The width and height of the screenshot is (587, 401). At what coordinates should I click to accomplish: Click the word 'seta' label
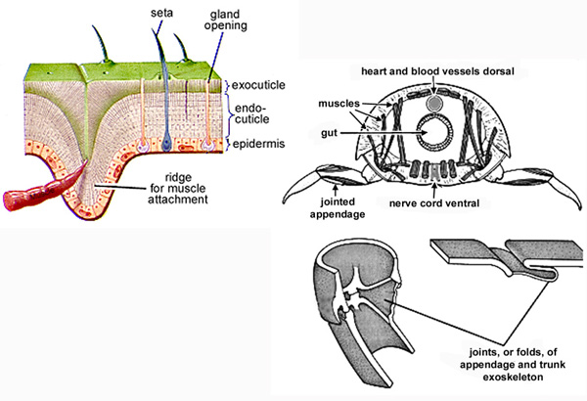tap(162, 15)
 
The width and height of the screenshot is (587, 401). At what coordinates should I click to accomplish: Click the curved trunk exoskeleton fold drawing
tap(352, 293)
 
